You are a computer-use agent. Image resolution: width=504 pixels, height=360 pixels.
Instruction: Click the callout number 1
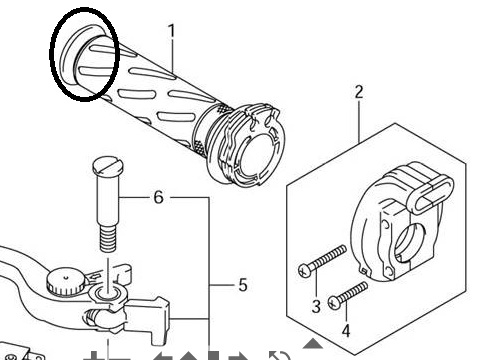[x=171, y=32]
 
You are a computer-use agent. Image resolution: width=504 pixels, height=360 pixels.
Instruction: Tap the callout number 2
[x=359, y=92]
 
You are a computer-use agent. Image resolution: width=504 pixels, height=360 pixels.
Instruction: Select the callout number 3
[x=316, y=306]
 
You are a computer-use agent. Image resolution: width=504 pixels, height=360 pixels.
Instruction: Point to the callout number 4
[x=346, y=331]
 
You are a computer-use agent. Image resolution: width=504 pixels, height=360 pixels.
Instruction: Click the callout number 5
[x=243, y=285]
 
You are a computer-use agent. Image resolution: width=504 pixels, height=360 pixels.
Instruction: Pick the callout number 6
[x=159, y=197]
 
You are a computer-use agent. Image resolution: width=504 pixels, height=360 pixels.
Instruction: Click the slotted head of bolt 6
[x=108, y=166]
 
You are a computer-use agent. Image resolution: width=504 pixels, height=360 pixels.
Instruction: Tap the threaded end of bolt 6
[x=108, y=238]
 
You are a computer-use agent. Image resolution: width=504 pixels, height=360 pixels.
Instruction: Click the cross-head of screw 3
[x=305, y=270]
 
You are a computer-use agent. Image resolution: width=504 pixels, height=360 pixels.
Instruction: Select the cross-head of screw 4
[x=334, y=303]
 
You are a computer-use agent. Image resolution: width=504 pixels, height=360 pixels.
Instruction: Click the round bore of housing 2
[x=408, y=243]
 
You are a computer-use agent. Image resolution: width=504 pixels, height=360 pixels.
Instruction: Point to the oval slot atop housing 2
[x=431, y=195]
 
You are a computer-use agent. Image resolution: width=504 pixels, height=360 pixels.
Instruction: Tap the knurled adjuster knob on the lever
[x=66, y=282]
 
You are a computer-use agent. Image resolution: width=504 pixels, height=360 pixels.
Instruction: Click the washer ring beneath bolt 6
[x=108, y=294]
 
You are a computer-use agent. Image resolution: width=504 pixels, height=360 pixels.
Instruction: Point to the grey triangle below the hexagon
[x=312, y=343]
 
